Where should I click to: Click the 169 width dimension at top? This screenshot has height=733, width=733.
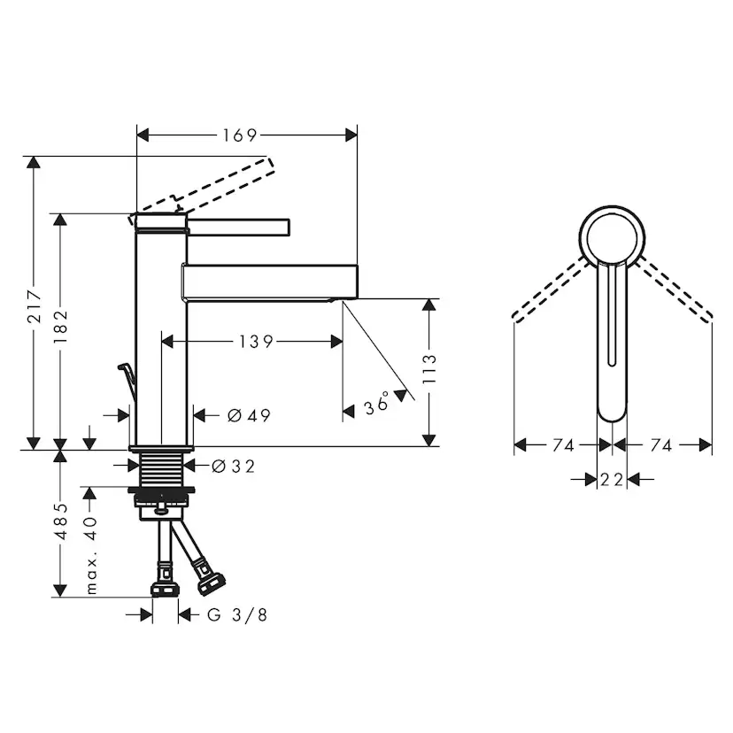click(x=239, y=135)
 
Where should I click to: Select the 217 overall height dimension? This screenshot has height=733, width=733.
click(x=35, y=306)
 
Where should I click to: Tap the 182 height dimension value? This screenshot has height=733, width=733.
click(x=60, y=327)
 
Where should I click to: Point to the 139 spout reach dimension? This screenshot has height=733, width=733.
click(x=255, y=342)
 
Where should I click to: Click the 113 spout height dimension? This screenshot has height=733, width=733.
click(x=428, y=369)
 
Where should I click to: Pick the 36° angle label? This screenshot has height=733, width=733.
click(x=376, y=403)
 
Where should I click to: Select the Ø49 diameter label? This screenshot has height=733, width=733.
click(x=249, y=415)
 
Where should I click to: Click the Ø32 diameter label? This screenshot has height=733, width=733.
click(x=234, y=466)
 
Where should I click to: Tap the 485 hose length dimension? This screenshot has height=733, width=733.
click(x=61, y=521)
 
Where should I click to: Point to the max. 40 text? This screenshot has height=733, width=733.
click(x=90, y=555)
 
